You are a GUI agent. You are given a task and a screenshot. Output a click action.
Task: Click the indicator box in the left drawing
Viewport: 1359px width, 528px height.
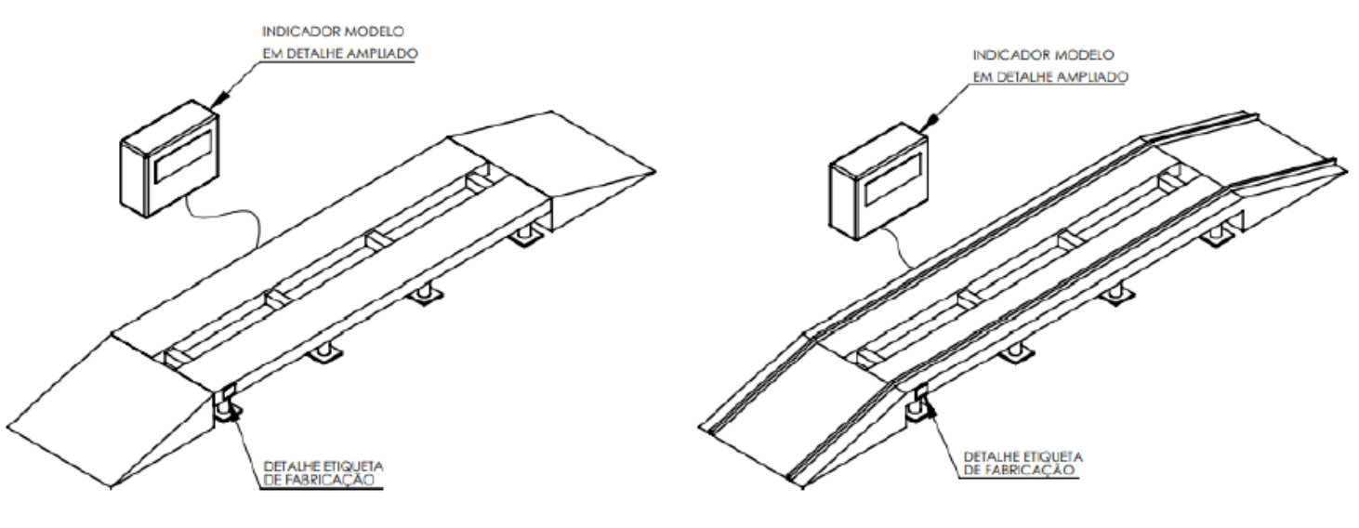click(x=170, y=159)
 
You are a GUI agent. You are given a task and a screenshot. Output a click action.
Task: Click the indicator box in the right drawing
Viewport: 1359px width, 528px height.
click(x=879, y=181)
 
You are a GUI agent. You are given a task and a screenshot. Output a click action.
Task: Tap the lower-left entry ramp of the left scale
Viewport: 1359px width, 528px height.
click(x=112, y=413)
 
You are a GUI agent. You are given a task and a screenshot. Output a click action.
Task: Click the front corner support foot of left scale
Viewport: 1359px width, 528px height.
click(x=228, y=408)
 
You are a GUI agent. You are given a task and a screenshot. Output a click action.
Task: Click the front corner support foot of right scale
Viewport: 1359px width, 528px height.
click(x=919, y=408)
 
